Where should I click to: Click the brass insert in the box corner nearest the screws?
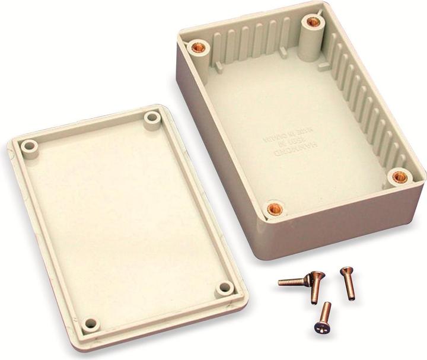273,209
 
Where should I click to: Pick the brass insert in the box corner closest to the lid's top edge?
195,47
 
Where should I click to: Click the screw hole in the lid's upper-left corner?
28,145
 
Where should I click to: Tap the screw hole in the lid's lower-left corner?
90,324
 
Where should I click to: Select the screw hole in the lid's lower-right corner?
225,288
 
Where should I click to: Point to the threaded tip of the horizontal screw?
281,283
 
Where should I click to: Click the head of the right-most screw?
344,272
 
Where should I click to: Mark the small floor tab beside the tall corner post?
324,66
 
